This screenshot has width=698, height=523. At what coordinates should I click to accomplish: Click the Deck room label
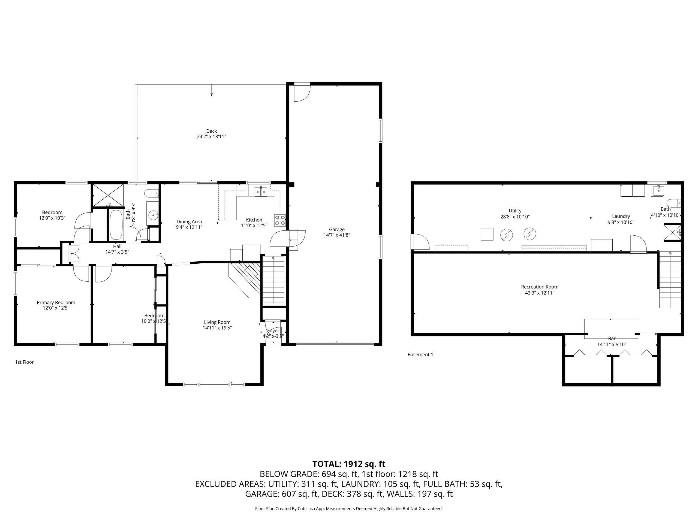point(211,131)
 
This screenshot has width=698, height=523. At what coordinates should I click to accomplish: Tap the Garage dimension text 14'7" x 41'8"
point(337,235)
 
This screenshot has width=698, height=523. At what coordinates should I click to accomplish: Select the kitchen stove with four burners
point(280,220)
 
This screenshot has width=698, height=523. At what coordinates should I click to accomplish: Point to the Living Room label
point(217,322)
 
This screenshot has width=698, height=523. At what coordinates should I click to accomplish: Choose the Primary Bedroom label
point(56,303)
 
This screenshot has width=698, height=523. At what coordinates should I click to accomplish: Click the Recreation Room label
point(540,287)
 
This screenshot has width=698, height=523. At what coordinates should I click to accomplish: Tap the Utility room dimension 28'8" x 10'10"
point(515,217)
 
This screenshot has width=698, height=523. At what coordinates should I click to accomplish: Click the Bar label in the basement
point(612,339)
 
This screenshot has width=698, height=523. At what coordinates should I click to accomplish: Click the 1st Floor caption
point(24,362)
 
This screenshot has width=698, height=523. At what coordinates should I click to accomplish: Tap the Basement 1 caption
point(420,355)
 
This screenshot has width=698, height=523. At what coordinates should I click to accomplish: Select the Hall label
point(117,246)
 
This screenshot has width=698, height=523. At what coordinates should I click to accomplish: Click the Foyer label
point(273,331)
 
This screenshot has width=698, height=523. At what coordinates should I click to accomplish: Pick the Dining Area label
point(189,222)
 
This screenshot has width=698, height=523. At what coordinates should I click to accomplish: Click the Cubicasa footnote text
point(349,509)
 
